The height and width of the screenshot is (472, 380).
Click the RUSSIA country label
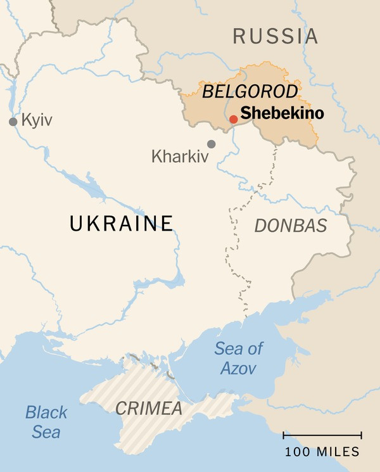[275, 36]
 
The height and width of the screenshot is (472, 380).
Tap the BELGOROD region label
[250, 92]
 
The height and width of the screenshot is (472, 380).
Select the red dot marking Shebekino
[233, 118]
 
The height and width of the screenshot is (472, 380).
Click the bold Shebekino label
[282, 115]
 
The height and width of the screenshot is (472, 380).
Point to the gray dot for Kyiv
[13, 122]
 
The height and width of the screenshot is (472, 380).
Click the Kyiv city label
[37, 120]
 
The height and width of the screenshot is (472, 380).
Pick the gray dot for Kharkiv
[211, 144]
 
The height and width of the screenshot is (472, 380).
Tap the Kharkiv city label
[180, 156]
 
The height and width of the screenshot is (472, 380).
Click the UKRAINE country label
[122, 223]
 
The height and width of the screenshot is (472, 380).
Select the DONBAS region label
[291, 225]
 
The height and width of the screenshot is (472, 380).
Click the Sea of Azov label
[238, 357]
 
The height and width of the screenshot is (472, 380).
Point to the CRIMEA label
[149, 407]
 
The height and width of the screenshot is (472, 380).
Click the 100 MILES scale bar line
[322, 436]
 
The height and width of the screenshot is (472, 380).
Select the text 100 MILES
[322, 452]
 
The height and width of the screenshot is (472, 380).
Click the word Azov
[238, 367]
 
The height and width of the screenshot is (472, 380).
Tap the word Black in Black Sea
[46, 413]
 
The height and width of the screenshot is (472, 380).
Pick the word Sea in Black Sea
[46, 433]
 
